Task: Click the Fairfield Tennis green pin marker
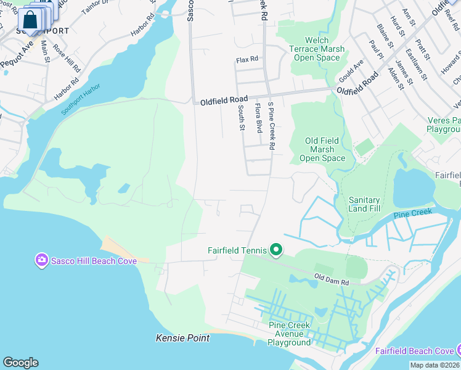[276, 250]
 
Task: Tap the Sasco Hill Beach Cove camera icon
[42, 260]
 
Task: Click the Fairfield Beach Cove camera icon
[456, 351]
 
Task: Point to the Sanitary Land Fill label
[365, 205]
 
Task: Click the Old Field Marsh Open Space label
[322, 149]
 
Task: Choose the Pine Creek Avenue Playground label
[289, 334]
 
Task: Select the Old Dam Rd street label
[332, 279]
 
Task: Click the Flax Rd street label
[247, 60]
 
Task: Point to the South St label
[242, 118]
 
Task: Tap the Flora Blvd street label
[259, 118]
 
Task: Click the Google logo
[20, 363]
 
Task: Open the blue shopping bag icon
[30, 20]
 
